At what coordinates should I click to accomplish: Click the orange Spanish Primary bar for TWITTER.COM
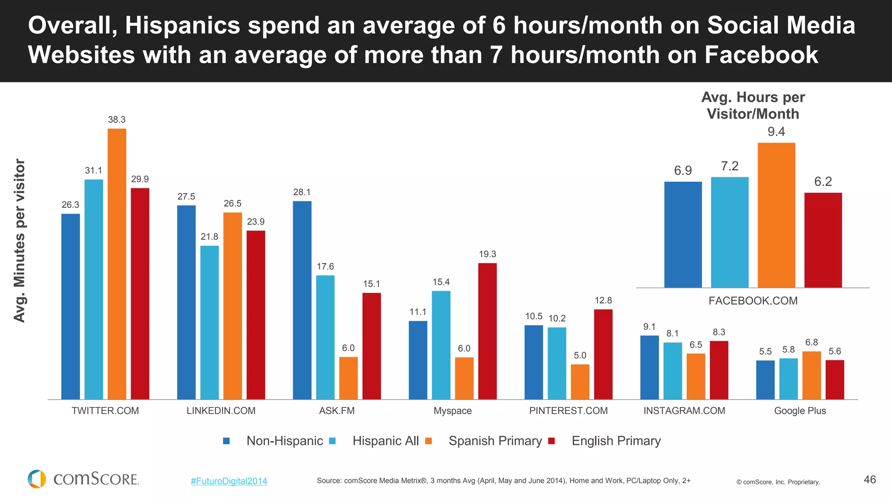tap(117, 264)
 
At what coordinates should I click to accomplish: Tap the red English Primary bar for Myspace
tap(487, 331)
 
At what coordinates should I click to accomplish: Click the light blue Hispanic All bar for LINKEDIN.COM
tap(209, 322)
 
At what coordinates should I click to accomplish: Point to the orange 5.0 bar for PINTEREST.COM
tap(580, 382)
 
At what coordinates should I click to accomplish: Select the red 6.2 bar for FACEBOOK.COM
tap(823, 240)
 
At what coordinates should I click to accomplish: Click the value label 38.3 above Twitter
tap(117, 119)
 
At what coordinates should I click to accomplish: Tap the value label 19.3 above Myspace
tap(487, 254)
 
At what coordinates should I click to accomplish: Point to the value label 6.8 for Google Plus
tap(811, 343)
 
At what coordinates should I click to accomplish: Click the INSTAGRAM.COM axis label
tap(684, 410)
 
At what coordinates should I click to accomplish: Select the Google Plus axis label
tap(800, 410)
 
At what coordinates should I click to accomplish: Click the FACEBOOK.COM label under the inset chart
tap(753, 301)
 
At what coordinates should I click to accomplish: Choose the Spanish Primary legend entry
tap(495, 441)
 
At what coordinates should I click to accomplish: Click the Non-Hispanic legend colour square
tap(226, 441)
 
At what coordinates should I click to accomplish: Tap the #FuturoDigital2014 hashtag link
tap(229, 481)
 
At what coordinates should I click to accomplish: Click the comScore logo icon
tap(37, 479)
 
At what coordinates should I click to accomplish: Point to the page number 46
tap(869, 479)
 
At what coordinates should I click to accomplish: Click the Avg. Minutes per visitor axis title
tap(20, 241)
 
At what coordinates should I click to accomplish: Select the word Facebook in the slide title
tap(761, 55)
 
